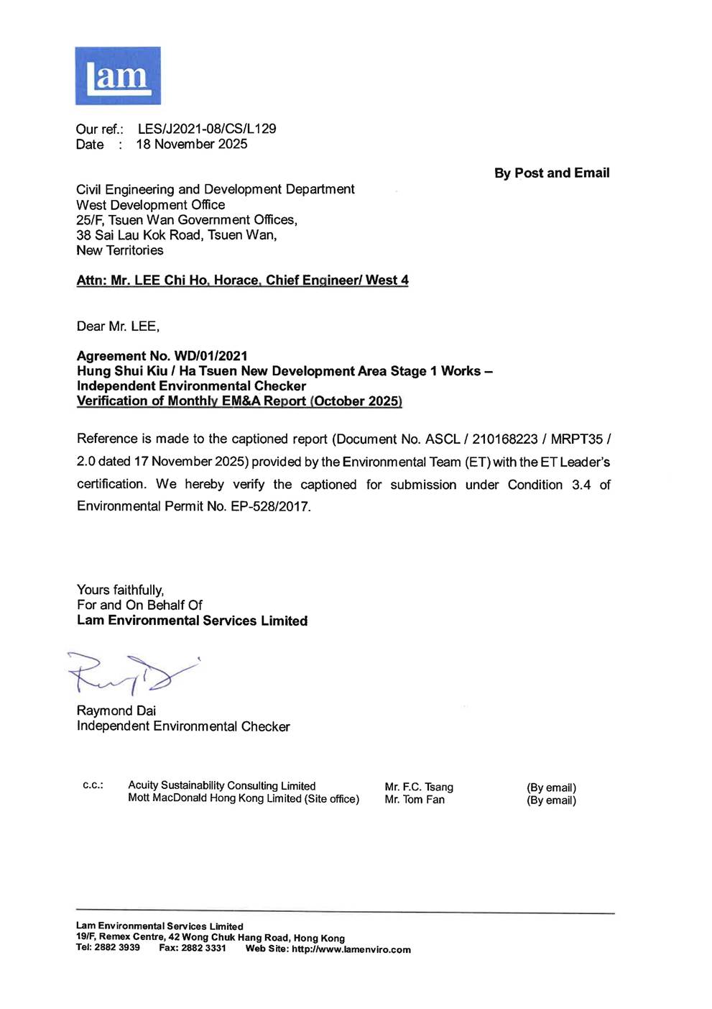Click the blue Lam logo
(118, 76)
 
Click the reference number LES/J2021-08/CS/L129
(207, 129)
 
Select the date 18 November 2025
(192, 144)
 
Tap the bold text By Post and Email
(551, 173)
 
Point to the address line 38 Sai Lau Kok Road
(176, 235)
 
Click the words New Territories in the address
(120, 250)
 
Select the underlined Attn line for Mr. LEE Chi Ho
(242, 280)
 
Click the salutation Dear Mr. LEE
(118, 327)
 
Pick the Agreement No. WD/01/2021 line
(162, 356)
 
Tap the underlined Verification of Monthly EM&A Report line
(239, 401)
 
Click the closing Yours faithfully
(120, 590)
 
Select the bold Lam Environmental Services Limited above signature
(192, 621)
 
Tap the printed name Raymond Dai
(116, 711)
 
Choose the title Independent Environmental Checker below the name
(183, 726)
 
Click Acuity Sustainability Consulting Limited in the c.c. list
(221, 786)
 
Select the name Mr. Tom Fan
(415, 800)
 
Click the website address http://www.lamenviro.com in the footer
(351, 949)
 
